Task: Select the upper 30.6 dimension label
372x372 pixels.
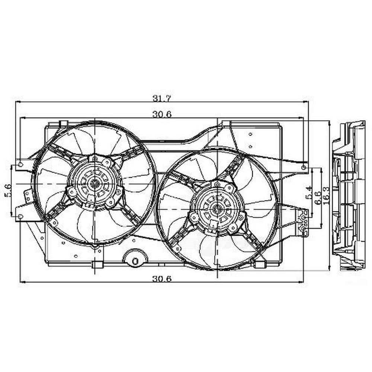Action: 161,115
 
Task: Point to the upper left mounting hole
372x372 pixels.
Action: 20,164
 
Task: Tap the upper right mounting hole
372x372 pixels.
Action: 305,168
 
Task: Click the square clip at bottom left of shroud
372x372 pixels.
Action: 97,264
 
